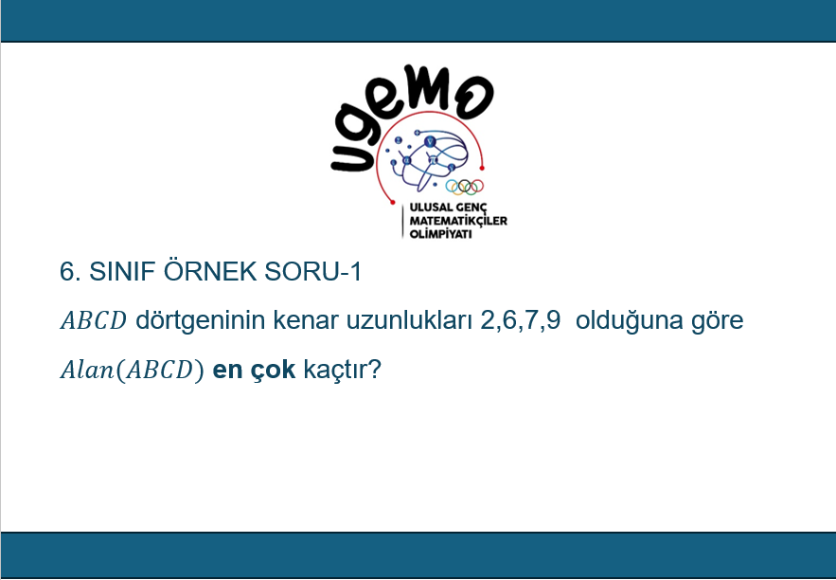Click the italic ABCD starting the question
click(x=94, y=320)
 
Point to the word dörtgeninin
click(x=201, y=320)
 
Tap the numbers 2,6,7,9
click(x=521, y=320)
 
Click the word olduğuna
click(x=630, y=320)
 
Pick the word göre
click(x=717, y=321)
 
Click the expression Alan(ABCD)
click(x=133, y=370)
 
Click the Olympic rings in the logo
click(x=464, y=187)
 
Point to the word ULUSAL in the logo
click(x=427, y=208)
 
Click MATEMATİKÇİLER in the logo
click(x=458, y=221)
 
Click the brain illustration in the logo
click(x=429, y=158)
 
